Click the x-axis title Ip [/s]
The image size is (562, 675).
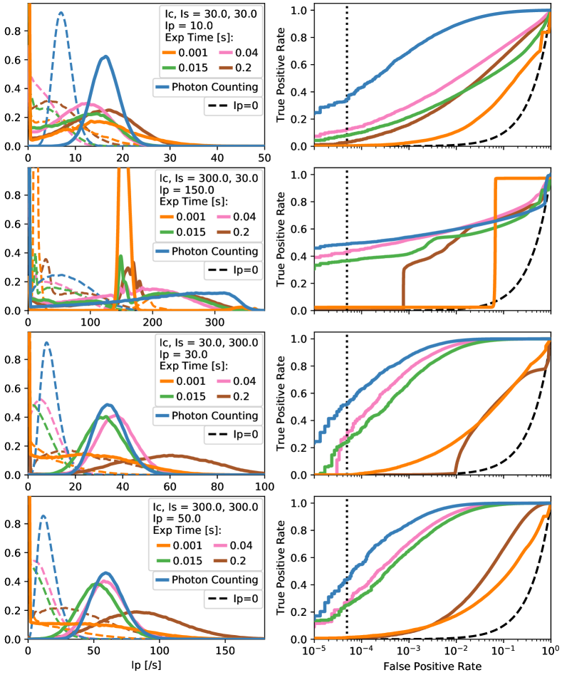146,666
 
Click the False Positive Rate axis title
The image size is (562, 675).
432,666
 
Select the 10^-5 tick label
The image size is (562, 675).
313,652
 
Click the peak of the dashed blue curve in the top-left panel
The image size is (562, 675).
61,12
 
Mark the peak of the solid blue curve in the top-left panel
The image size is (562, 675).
105,56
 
